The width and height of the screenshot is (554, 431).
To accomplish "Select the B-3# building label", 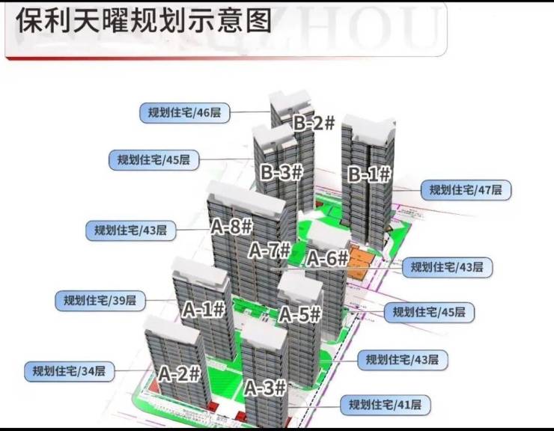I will point(281,172).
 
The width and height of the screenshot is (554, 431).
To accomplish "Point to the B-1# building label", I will point(370,174).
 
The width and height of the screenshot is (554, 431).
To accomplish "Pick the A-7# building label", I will point(269,250).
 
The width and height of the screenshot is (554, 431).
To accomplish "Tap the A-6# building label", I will point(328,259).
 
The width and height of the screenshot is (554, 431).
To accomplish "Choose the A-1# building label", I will point(204,309).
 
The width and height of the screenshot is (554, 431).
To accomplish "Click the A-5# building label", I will point(300,315).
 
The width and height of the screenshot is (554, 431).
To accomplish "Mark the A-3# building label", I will point(265,388).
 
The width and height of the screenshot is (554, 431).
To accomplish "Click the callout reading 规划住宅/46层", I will point(184,113).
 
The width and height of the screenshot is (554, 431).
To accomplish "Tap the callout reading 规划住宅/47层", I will point(466,190).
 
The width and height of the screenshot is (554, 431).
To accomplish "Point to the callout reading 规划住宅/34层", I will point(68,370).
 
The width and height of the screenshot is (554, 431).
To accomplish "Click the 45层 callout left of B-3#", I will point(153,159).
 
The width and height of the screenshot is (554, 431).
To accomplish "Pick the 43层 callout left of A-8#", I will point(130,230).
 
